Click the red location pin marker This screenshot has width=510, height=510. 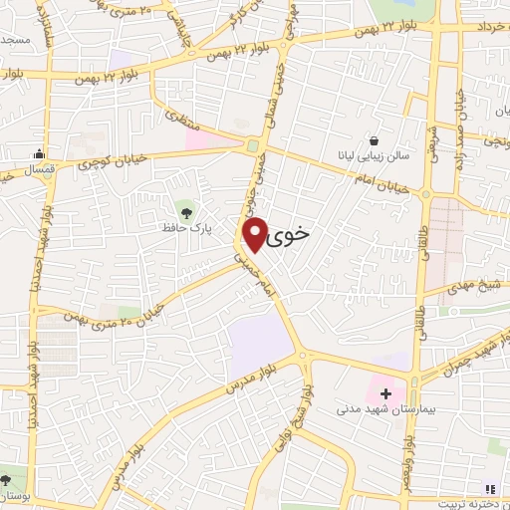255,233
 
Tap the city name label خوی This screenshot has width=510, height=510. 290,232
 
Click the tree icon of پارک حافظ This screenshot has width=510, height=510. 184,209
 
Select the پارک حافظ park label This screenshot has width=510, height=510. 183,227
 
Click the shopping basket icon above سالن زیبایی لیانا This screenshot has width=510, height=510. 375,141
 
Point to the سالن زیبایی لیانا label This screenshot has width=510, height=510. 373,157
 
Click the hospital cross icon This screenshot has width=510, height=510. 385,394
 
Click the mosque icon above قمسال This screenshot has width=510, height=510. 38,153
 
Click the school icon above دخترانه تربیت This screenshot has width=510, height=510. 488,487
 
